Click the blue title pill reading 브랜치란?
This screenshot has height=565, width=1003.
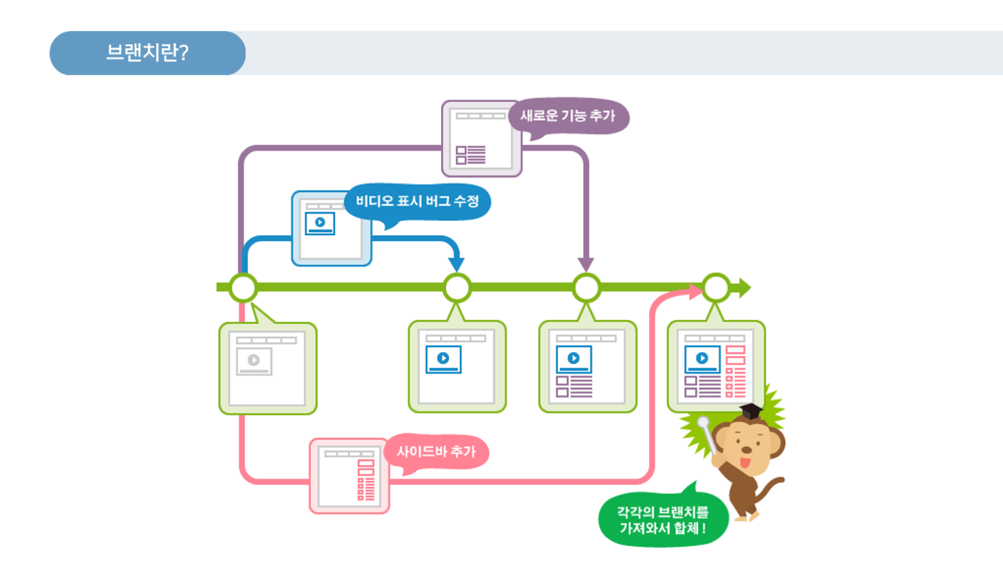tap(147, 53)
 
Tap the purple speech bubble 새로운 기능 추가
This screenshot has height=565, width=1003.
tap(568, 116)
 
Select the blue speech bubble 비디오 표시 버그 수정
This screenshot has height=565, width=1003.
tap(417, 202)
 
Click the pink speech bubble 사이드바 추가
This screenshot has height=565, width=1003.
tap(436, 452)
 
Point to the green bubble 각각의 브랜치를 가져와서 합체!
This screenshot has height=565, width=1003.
tap(663, 520)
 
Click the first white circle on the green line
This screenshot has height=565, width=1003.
tap(243, 288)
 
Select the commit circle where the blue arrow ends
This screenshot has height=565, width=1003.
tap(456, 288)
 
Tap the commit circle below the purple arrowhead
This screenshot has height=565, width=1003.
tap(586, 288)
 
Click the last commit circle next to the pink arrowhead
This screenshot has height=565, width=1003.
tap(716, 288)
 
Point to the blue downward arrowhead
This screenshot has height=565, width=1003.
tap(456, 264)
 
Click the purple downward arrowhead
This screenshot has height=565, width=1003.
tap(586, 264)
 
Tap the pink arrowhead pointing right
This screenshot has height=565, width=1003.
tap(696, 291)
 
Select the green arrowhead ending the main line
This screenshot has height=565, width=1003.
tap(745, 288)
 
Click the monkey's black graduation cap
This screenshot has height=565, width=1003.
tap(751, 411)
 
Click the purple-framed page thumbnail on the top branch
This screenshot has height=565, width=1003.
tap(481, 139)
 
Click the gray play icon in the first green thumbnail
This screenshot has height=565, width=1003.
tap(254, 360)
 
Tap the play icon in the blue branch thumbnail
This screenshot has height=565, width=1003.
tap(320, 222)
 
